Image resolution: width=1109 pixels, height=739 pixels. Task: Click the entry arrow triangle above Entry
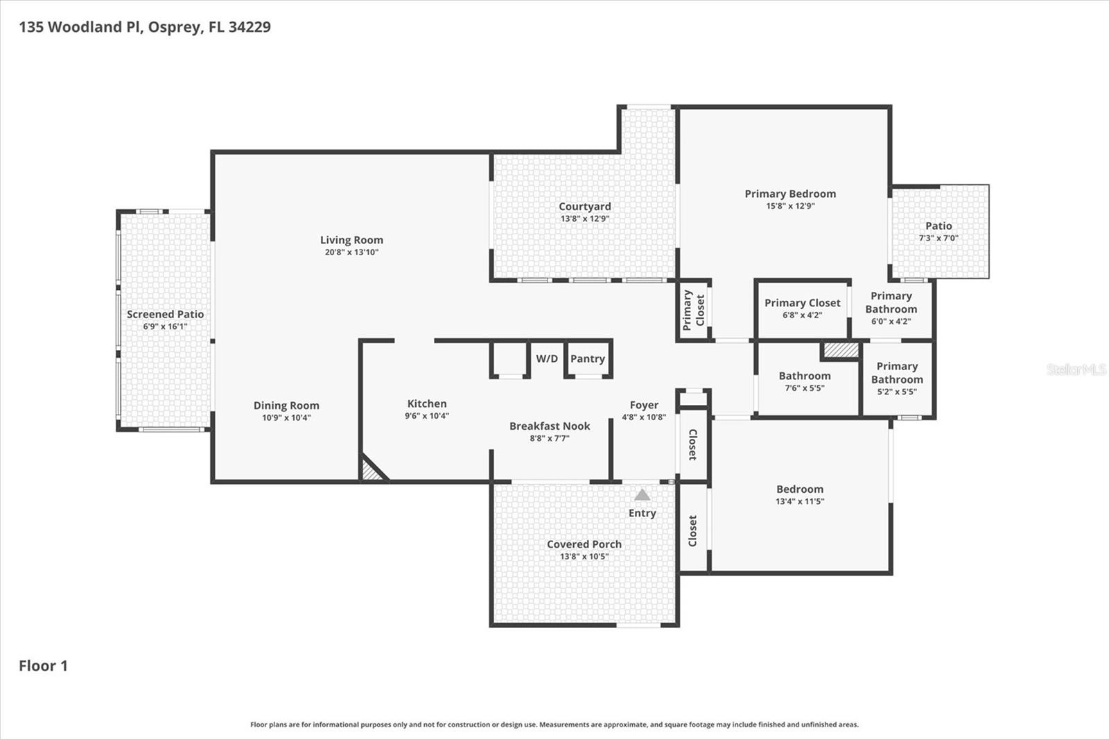(x=642, y=495)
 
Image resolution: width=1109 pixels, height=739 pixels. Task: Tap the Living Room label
(x=351, y=240)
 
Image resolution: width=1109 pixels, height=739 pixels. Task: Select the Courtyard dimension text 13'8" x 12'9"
(x=585, y=219)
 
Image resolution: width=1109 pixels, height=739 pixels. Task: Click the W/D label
(x=547, y=358)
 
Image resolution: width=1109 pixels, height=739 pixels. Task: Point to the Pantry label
(x=588, y=358)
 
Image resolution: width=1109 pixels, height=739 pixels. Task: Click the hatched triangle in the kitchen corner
(x=372, y=471)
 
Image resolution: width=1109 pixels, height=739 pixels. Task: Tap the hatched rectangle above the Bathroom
(x=841, y=350)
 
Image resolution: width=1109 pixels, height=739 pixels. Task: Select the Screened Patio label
(x=165, y=314)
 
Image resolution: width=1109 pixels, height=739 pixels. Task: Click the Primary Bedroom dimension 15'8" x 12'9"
(x=790, y=206)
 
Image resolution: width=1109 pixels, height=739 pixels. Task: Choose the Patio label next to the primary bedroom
(x=938, y=225)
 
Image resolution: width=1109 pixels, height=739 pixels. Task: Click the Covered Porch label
(x=584, y=544)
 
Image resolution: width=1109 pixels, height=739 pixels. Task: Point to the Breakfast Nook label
(x=550, y=426)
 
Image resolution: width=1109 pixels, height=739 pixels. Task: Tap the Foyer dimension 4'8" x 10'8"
(x=644, y=417)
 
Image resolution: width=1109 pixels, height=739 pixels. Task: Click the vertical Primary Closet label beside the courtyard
(x=694, y=310)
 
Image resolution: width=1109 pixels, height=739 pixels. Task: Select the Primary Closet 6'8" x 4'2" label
(x=803, y=303)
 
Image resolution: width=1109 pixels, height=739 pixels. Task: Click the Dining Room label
(x=286, y=406)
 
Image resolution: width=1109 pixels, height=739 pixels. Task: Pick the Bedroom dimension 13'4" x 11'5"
(x=800, y=501)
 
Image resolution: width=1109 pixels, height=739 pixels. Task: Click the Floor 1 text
(x=43, y=666)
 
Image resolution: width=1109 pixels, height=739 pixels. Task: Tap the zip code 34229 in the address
(x=250, y=27)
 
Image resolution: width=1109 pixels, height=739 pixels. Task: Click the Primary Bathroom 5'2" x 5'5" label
(x=897, y=372)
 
